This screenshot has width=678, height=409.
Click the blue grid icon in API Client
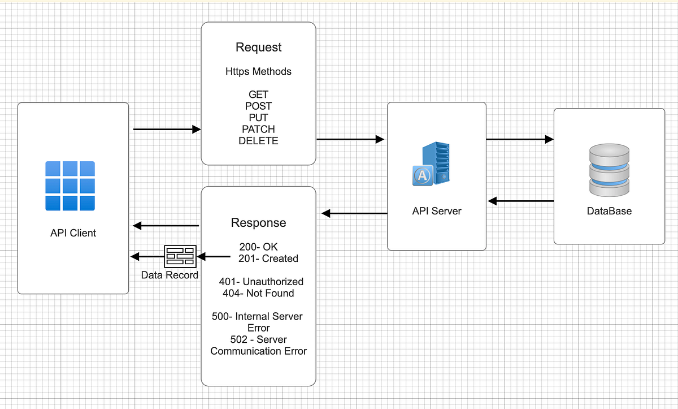click(x=70, y=186)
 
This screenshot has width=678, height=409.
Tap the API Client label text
click(x=73, y=233)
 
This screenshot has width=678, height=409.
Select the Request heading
click(x=259, y=48)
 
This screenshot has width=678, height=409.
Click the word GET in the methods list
click(x=258, y=94)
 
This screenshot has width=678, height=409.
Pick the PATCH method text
click(x=258, y=130)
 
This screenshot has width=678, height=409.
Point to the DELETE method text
click(x=258, y=141)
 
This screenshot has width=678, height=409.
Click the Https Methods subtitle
click(x=258, y=71)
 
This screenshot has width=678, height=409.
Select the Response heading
click(x=258, y=223)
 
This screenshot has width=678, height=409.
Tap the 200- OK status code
click(x=259, y=247)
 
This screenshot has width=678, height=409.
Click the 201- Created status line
click(x=268, y=259)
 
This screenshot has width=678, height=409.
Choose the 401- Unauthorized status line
click(x=261, y=282)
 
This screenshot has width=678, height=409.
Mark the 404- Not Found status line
click(x=258, y=293)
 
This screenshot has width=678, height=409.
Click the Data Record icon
click(x=180, y=257)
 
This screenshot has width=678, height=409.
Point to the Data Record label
click(x=169, y=275)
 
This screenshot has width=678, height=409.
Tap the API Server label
click(x=436, y=211)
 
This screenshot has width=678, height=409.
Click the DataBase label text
click(x=609, y=211)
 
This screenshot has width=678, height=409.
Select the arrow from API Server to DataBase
click(x=519, y=139)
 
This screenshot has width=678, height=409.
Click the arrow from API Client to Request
click(x=167, y=130)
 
